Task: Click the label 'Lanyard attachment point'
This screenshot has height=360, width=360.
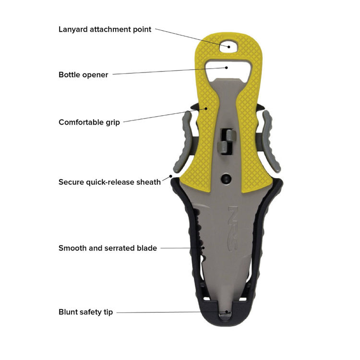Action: coord(105,30)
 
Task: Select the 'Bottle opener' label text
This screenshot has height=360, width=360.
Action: coord(84,75)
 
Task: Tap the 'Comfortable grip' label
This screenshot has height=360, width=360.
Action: coord(89,122)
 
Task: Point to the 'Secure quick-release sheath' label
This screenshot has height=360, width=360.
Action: coord(109,182)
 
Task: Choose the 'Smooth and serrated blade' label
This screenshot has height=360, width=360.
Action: coord(108,248)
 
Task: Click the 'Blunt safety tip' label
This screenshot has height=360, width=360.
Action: coord(85,312)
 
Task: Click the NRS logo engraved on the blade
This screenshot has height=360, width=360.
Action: coord(233,228)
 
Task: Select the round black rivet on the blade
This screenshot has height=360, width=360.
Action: coord(226,179)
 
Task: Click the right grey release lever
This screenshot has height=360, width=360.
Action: coord(271,142)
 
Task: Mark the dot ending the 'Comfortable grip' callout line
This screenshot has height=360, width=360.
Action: coord(206,108)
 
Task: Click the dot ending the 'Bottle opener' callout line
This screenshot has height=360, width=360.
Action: coord(227,68)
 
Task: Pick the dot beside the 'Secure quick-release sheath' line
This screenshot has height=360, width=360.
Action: coord(170,176)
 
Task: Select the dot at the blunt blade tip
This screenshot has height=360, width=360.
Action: coord(227,312)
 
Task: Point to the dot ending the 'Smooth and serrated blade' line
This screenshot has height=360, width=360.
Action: coord(203,248)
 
